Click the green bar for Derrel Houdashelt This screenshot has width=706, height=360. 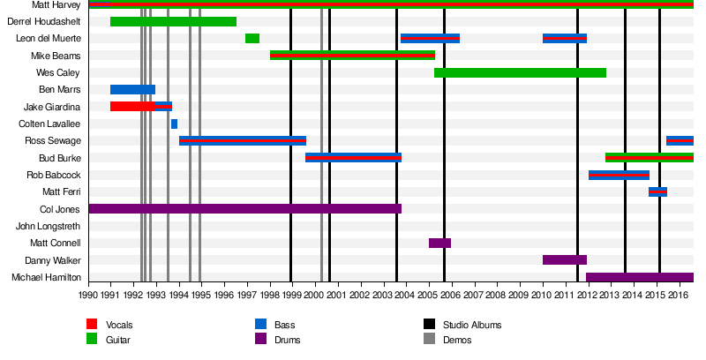click(x=173, y=21)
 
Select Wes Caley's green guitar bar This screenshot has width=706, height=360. click(x=520, y=72)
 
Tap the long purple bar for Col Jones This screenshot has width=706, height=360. click(x=244, y=209)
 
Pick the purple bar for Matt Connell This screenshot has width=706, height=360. click(x=439, y=243)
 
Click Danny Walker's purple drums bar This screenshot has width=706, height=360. click(x=564, y=260)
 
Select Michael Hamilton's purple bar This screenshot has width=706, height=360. click(x=639, y=277)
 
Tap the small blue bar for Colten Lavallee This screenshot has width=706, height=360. click(x=174, y=124)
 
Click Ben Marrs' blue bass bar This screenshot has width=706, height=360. click(x=132, y=89)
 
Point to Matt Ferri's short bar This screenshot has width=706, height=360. click(x=657, y=191)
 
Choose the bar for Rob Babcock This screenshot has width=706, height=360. click(x=619, y=175)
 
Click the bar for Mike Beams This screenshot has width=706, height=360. click(x=352, y=56)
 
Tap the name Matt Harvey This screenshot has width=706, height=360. click(x=56, y=4)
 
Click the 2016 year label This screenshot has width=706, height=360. click(x=677, y=295)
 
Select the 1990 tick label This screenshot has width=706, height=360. click(x=88, y=295)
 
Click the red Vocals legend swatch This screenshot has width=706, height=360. click(x=92, y=325)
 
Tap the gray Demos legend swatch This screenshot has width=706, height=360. click(x=429, y=339)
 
